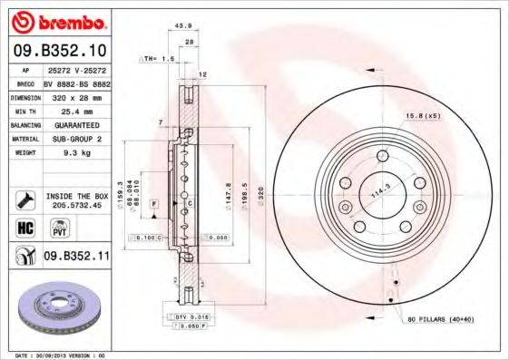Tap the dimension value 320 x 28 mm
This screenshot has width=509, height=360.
pyautogui.click(x=76, y=96)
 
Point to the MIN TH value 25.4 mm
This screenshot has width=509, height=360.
pyautogui.click(x=76, y=110)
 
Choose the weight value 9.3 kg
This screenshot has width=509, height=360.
pyautogui.click(x=76, y=153)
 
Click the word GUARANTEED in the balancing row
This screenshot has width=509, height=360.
pyautogui.click(x=76, y=124)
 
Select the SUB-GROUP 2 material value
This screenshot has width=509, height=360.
pyautogui.click(x=76, y=139)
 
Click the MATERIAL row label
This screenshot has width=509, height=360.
pyautogui.click(x=24, y=139)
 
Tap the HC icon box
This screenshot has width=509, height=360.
pyautogui.click(x=24, y=226)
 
